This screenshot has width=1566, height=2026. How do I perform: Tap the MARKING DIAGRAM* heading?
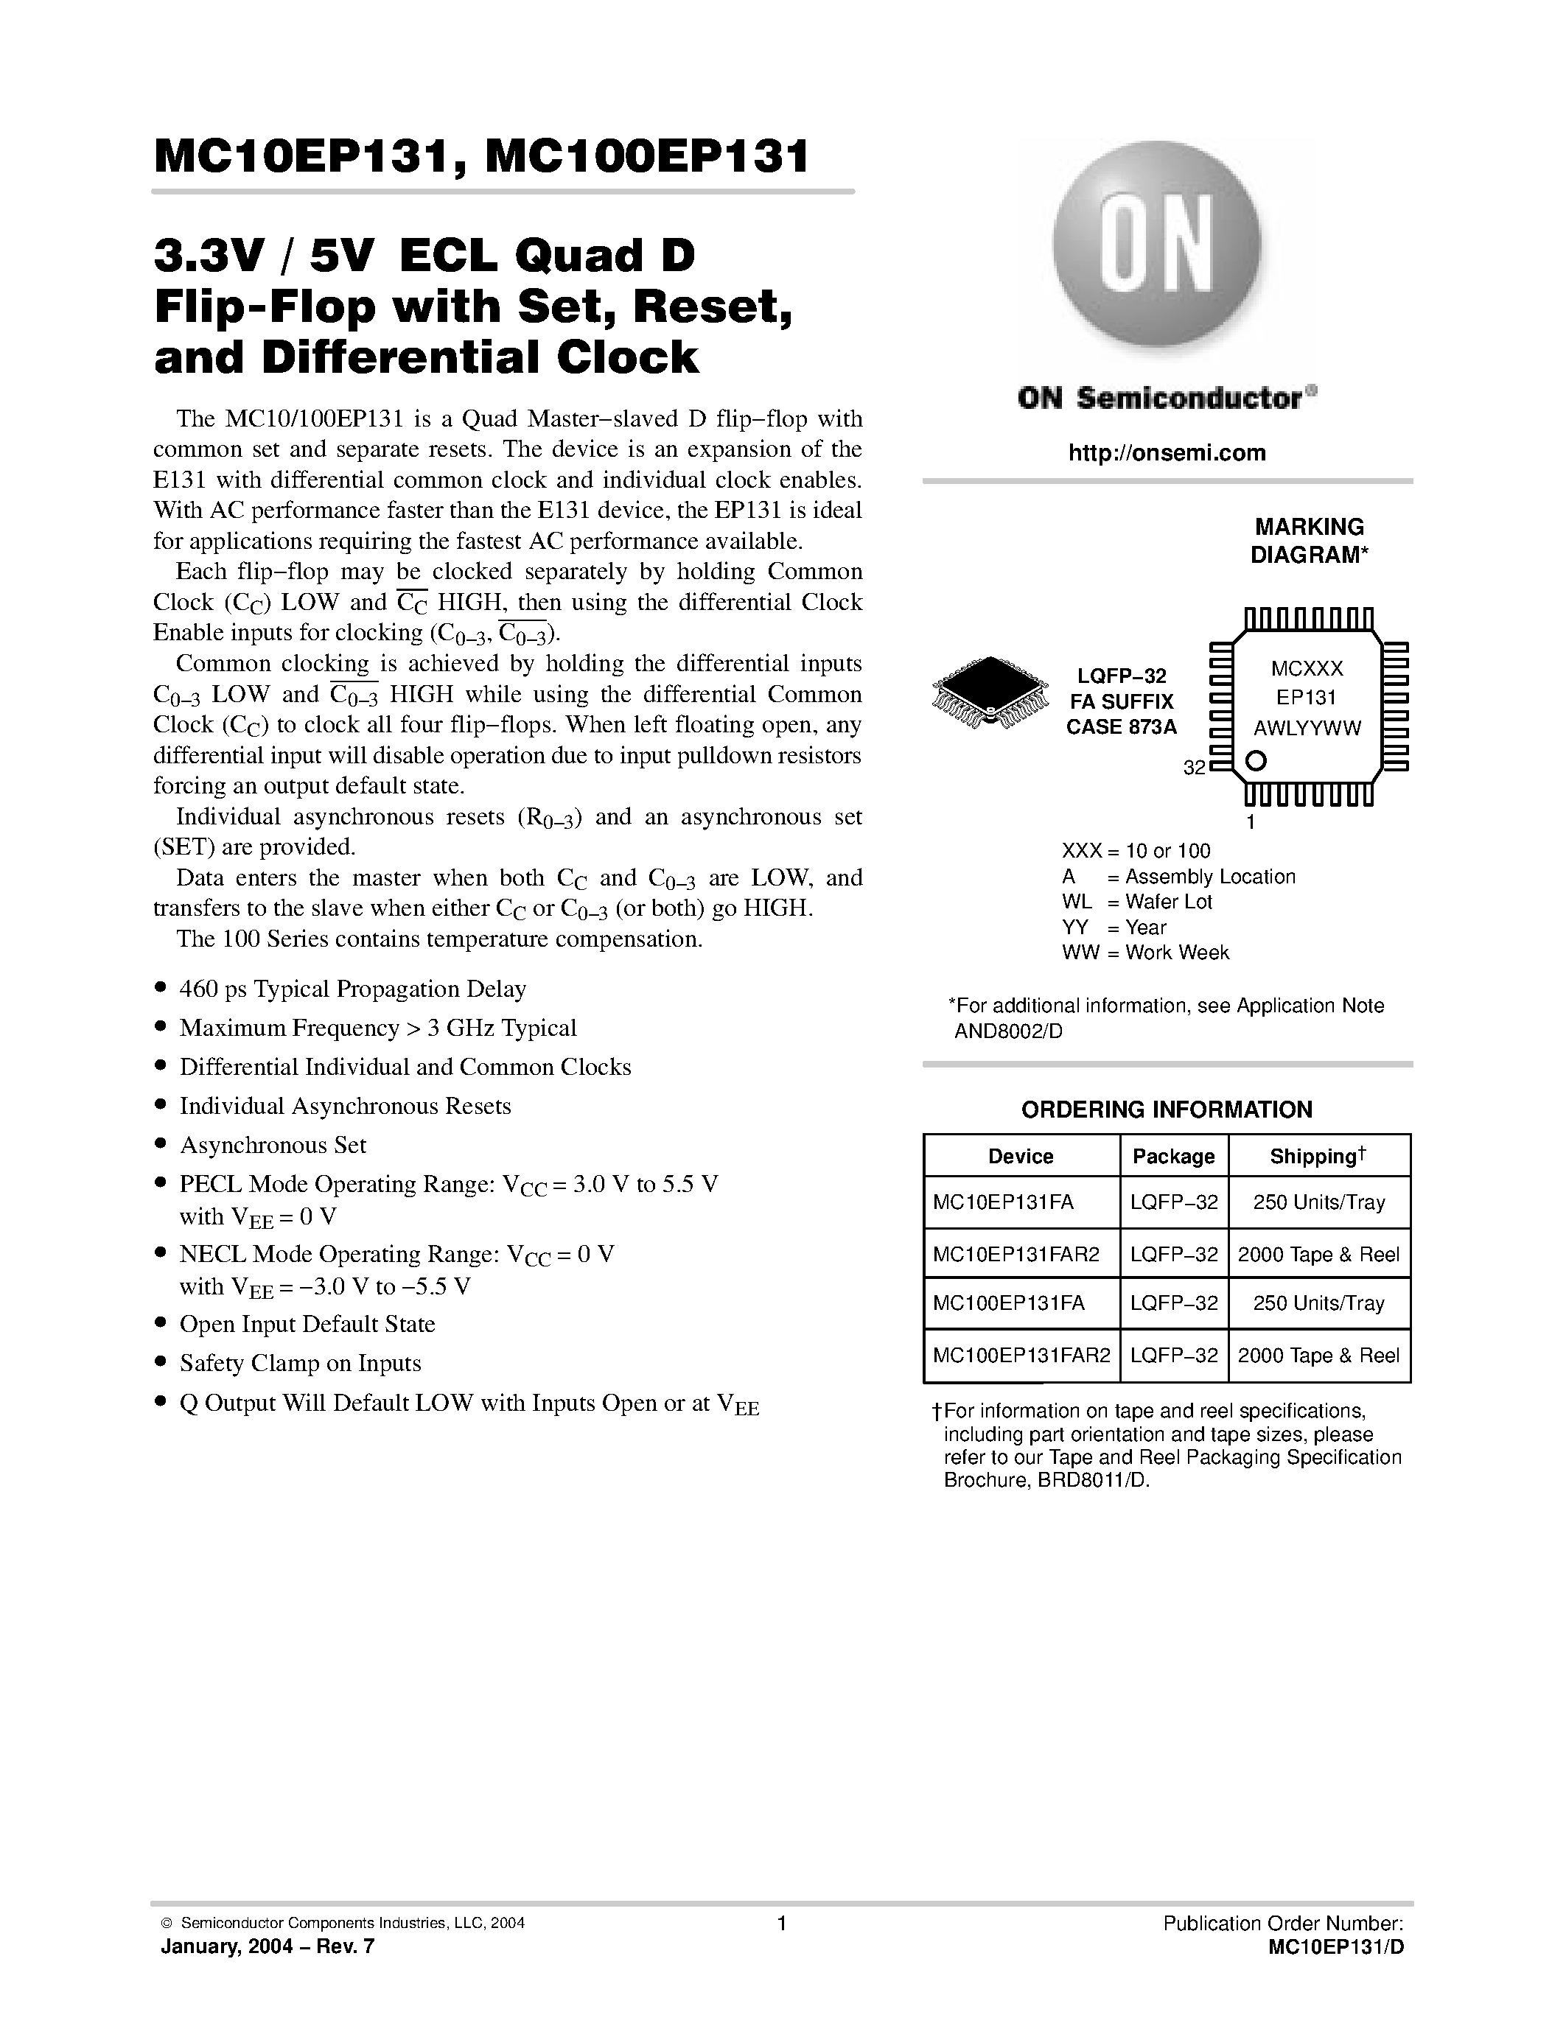1309,541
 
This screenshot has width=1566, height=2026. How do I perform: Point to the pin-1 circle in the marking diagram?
1255,762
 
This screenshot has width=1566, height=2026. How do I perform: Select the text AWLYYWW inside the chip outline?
1307,728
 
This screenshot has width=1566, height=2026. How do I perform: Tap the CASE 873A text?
1121,727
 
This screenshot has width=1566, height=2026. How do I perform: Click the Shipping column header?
1318,1156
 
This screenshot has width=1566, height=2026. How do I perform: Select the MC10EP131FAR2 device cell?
1016,1254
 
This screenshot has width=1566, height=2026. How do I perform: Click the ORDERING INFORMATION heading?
1166,1110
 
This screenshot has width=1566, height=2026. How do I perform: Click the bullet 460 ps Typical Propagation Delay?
352,989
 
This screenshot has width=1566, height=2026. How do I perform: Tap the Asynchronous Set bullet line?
273,1145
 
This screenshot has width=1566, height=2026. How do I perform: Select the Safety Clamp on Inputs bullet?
300,1363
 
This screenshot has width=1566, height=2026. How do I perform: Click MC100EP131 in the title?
646,156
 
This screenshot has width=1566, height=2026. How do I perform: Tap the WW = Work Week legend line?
1144,953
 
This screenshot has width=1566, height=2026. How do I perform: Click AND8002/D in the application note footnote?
1008,1031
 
